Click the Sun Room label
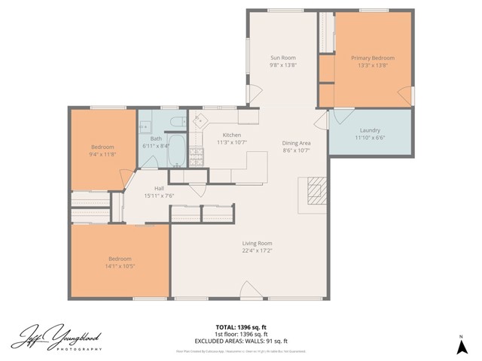(283, 58)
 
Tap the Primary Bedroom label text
(372, 58)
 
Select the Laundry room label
(370, 130)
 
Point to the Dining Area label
(296, 143)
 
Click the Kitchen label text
(231, 135)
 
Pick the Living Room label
(257, 243)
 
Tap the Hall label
(159, 188)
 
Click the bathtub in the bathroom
(175, 150)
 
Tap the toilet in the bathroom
(173, 122)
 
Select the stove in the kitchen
(196, 156)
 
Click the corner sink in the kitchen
(200, 119)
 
